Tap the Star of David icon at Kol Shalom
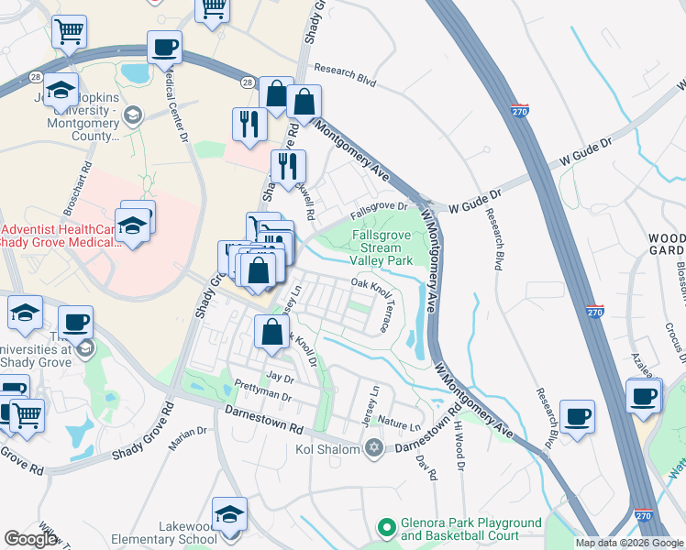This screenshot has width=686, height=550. (372, 447)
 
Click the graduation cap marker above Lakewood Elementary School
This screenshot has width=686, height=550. (229, 514)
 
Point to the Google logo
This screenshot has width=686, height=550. (30, 539)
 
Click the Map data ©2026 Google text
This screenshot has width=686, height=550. (628, 543)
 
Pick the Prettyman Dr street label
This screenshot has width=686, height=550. (262, 391)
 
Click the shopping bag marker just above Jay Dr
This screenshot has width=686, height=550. (271, 333)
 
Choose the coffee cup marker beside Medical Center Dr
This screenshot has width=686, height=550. (164, 48)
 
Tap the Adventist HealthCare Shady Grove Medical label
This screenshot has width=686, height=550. (60, 235)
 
